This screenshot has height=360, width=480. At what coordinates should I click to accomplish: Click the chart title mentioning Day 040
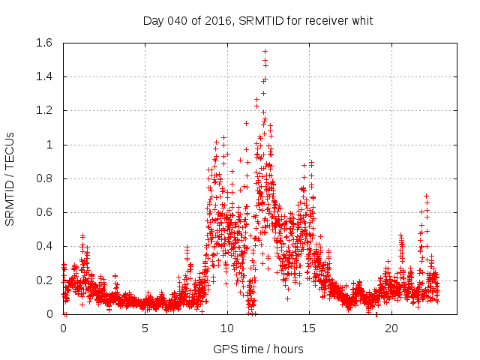(x=257, y=20)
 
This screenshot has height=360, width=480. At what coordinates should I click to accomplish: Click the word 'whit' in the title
(x=361, y=20)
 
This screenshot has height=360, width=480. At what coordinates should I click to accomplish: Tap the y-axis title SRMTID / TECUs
(x=10, y=178)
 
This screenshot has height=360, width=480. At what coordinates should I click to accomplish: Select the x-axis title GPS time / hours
(x=257, y=349)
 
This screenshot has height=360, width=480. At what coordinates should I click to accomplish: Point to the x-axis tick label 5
(x=145, y=328)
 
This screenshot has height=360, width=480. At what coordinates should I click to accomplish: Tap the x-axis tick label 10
(x=226, y=328)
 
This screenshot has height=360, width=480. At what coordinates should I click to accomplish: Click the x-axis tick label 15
(x=308, y=328)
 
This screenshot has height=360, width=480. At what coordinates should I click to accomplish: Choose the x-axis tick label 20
(x=390, y=328)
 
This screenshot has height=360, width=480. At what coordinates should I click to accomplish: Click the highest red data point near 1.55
(x=265, y=52)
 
